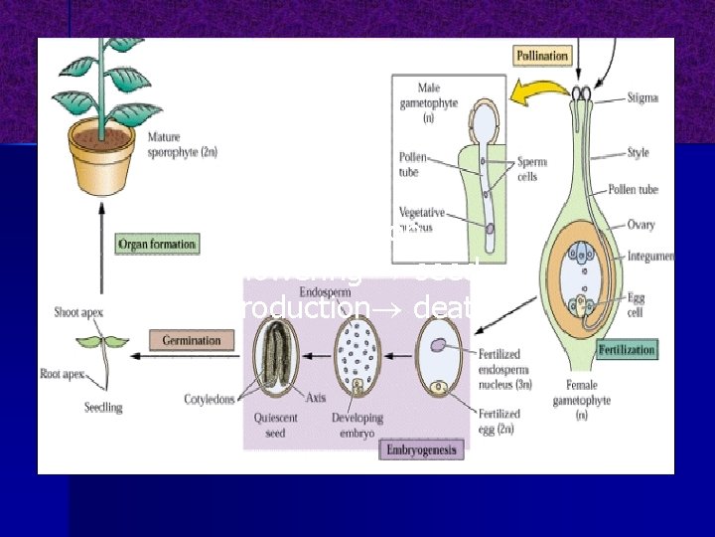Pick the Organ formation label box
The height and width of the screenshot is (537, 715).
(157, 244)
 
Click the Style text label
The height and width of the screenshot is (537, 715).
(640, 154)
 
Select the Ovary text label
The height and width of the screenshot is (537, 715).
(642, 225)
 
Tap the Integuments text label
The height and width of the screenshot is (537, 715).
(651, 257)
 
